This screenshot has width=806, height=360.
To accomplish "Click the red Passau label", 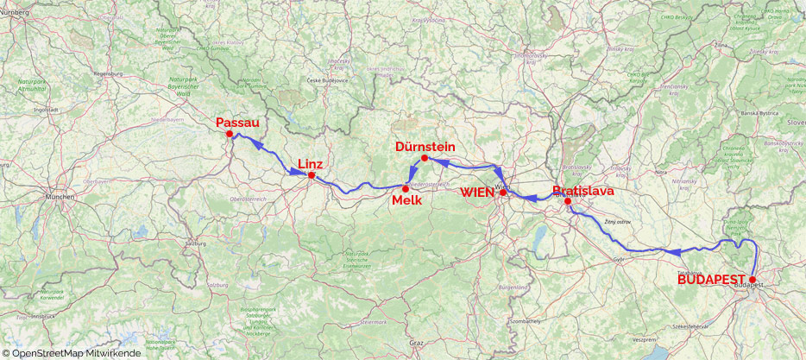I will pyautogui.click(x=238, y=123).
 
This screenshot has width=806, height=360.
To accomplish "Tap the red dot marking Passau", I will pyautogui.click(x=229, y=134).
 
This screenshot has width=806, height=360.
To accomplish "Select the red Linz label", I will pyautogui.click(x=310, y=164).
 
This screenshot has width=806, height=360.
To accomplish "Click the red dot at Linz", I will pyautogui.click(x=312, y=176).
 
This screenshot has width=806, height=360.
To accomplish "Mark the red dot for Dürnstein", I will pyautogui.click(x=424, y=158).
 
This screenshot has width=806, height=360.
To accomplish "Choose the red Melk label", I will pyautogui.click(x=406, y=200).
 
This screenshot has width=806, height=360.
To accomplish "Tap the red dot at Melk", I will pyautogui.click(x=406, y=188).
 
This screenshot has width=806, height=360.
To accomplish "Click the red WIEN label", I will pyautogui.click(x=477, y=192).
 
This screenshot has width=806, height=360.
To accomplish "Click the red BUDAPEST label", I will pyautogui.click(x=712, y=280).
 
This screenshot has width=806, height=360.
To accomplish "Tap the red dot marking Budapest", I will pyautogui.click(x=752, y=280).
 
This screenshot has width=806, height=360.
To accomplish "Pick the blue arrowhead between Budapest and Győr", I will pyautogui.click(x=677, y=250).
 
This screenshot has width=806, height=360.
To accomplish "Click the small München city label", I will pyautogui.click(x=61, y=197).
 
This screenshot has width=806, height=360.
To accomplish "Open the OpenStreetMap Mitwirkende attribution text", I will pyautogui.click(x=72, y=353).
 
